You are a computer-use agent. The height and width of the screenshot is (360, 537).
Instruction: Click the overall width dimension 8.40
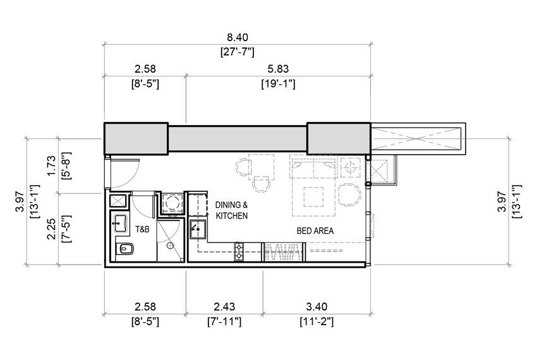[x=237, y=37]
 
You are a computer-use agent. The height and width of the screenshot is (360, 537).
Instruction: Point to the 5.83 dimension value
[x=278, y=68]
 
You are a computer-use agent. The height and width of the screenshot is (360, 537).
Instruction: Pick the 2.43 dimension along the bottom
[x=224, y=306]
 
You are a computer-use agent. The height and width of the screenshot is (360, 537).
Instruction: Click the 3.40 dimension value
[x=316, y=306]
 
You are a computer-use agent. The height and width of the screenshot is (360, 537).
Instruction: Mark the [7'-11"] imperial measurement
[x=224, y=321]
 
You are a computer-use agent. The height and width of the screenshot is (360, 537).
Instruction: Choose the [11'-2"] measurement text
[x=316, y=321]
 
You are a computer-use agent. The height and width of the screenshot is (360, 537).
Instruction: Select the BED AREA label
[x=315, y=231]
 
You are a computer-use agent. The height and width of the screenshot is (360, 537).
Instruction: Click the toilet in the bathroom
[x=124, y=250]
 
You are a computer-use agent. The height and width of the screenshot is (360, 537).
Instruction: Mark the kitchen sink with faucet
[x=197, y=229]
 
